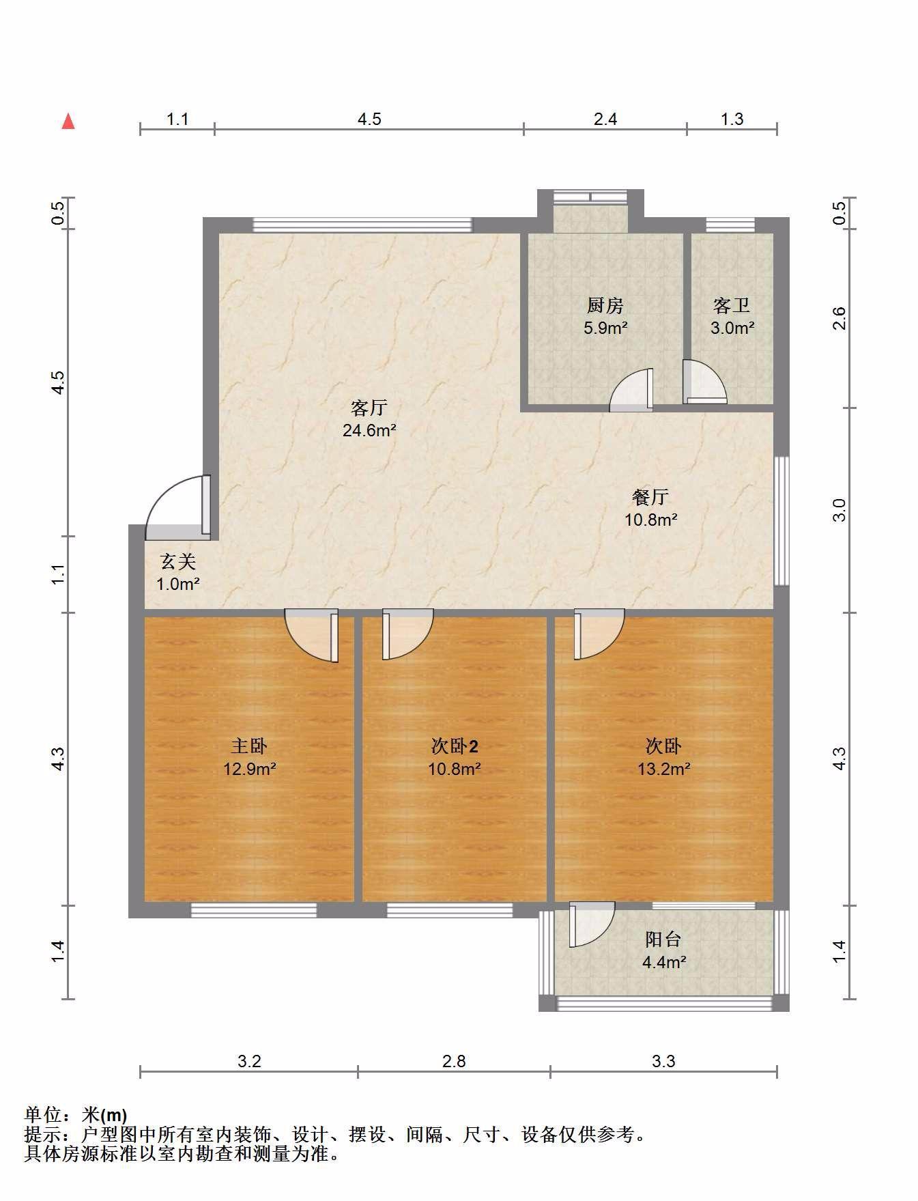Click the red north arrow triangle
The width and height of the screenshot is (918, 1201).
click(x=68, y=122)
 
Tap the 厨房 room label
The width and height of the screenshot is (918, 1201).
click(x=605, y=305)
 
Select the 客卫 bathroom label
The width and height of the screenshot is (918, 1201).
click(x=732, y=305)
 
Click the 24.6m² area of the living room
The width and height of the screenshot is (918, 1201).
click(x=369, y=430)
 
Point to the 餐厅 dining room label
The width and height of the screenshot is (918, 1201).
click(x=650, y=496)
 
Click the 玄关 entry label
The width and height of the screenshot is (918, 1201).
click(x=178, y=561)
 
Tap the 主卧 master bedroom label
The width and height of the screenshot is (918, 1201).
click(x=249, y=746)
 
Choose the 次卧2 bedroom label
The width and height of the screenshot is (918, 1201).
click(x=455, y=746)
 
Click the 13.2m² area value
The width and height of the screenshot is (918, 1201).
click(x=663, y=769)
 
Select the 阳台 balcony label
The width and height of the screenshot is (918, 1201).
click(x=663, y=939)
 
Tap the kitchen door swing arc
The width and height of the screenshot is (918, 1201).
click(x=631, y=391)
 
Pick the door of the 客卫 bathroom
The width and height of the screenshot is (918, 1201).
click(x=704, y=382)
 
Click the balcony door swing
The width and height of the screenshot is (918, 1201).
click(x=592, y=925)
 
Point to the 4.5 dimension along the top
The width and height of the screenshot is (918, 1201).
click(x=369, y=119)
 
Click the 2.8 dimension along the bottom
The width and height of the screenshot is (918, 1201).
click(x=454, y=1060)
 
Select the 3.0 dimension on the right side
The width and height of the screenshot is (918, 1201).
click(x=839, y=510)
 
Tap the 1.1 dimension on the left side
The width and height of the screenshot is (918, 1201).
click(x=59, y=574)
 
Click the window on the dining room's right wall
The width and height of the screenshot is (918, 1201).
click(x=781, y=521)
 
